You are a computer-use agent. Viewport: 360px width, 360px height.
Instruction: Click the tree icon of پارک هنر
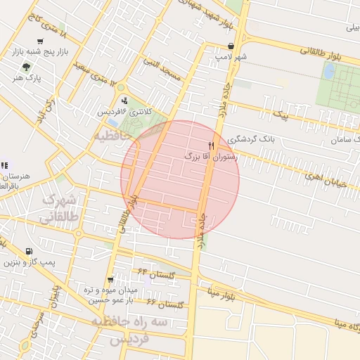pyautogui.click(x=27, y=67)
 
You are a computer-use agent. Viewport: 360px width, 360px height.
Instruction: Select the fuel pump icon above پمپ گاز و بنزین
pyautogui.click(x=28, y=252)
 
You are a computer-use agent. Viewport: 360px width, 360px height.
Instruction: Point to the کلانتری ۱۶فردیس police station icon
pyautogui.click(x=124, y=101)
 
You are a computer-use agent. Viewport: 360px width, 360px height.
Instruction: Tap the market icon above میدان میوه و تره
pyautogui.click(x=110, y=280)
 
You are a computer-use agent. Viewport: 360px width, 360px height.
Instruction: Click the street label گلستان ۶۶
pyautogui.click(x=167, y=303)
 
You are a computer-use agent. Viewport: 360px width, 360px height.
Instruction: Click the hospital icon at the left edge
pyautogui.click(x=4, y=166)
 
